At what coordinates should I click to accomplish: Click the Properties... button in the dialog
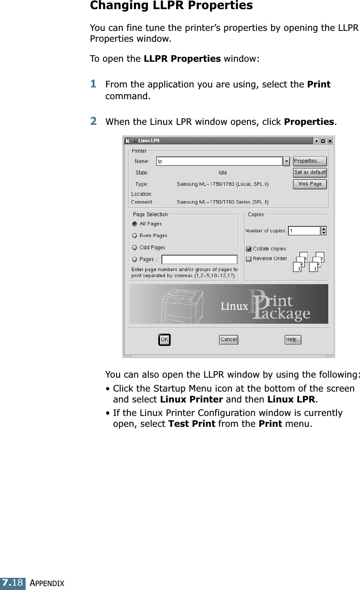click(x=310, y=161)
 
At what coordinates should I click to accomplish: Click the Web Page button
click(x=310, y=184)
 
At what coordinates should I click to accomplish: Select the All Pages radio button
click(x=135, y=224)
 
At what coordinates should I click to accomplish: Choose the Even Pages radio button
click(x=135, y=236)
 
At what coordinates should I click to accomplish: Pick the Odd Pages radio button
click(x=135, y=248)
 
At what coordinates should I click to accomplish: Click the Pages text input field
click(x=200, y=259)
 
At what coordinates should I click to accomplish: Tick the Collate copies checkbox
click(x=249, y=249)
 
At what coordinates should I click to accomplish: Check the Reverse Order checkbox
click(x=249, y=258)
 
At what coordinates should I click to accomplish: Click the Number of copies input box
click(x=304, y=231)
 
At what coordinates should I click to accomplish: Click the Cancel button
click(x=228, y=340)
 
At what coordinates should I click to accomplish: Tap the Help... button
click(x=293, y=340)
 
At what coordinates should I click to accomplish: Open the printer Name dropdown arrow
click(x=287, y=161)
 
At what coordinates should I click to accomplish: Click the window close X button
click(x=330, y=141)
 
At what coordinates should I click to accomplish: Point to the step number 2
click(x=93, y=121)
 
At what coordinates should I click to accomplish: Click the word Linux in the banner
click(x=234, y=306)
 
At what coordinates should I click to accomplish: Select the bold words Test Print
click(x=191, y=424)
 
